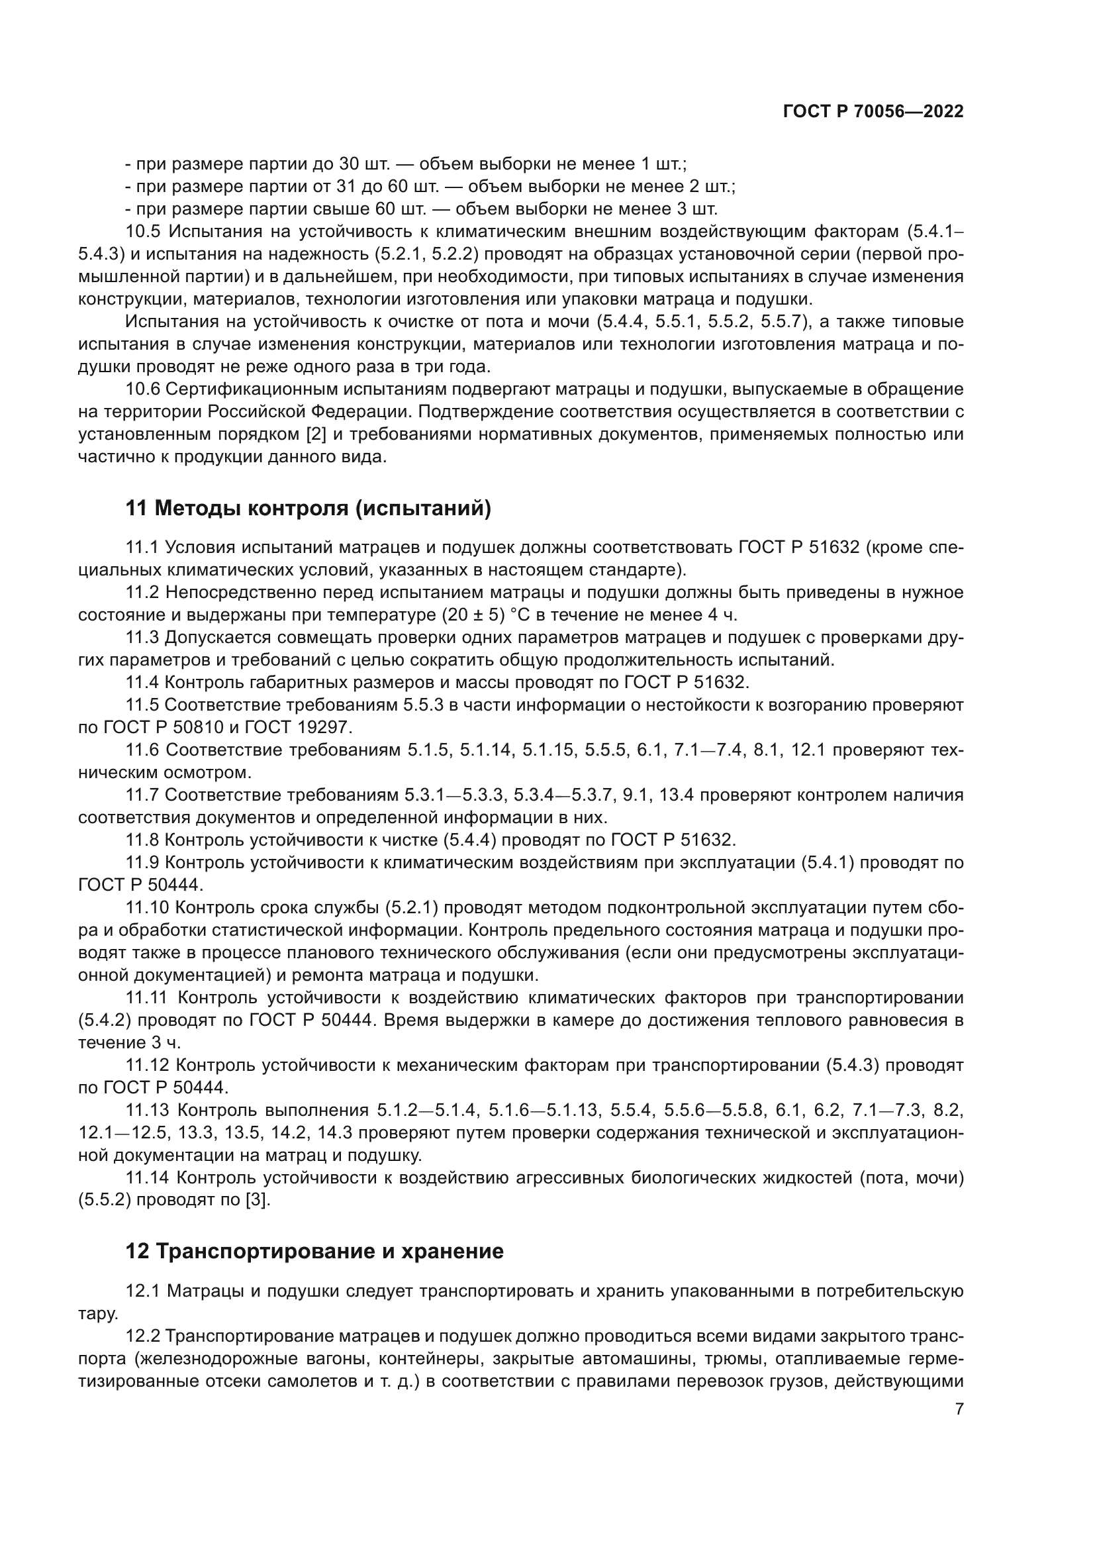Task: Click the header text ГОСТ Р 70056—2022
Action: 873,112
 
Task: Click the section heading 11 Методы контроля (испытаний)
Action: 308,509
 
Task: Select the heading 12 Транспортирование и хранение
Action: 314,1252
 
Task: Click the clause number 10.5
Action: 143,231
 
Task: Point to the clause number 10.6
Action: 143,389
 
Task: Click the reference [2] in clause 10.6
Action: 316,434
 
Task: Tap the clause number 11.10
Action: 148,908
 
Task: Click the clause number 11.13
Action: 148,1111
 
